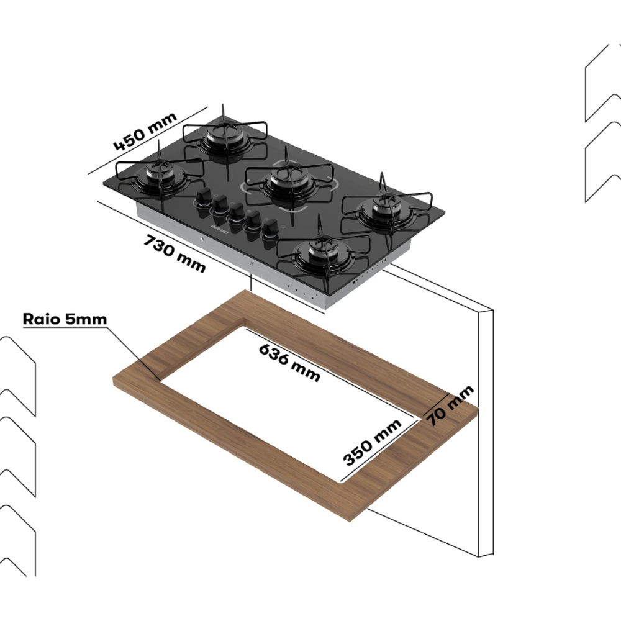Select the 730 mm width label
pyautogui.click(x=175, y=253)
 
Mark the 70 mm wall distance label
pyautogui.click(x=450, y=404)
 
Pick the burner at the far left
pyautogui.click(x=158, y=177)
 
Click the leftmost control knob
pyautogui.click(x=203, y=198)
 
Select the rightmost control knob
pyautogui.click(x=270, y=229)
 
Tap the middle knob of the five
pyautogui.click(x=235, y=214)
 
